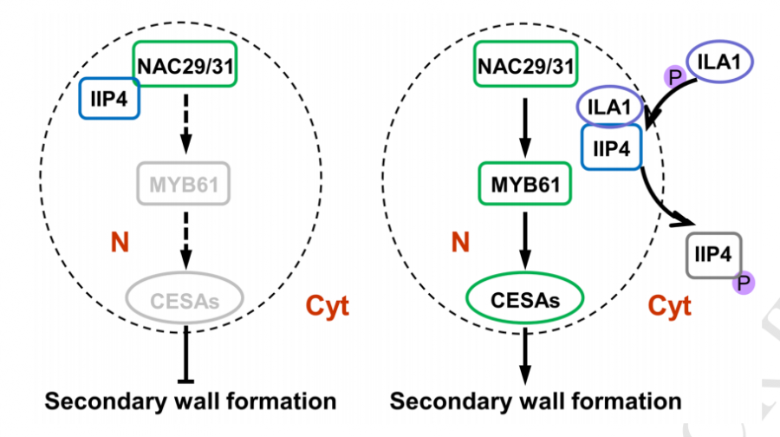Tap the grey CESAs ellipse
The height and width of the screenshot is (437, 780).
(x=183, y=300)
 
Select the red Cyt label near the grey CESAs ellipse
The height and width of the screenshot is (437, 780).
(x=328, y=305)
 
